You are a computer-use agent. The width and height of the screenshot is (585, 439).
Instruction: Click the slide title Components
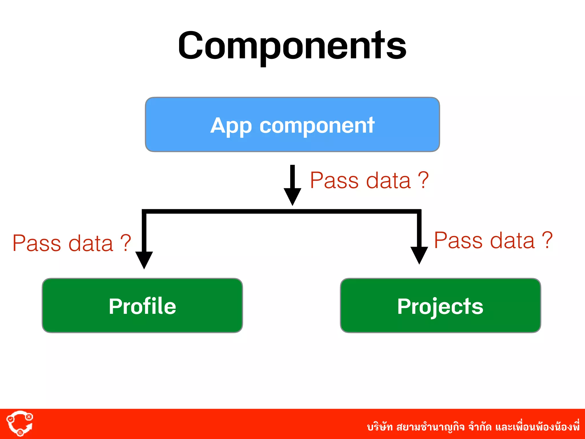pyautogui.click(x=292, y=46)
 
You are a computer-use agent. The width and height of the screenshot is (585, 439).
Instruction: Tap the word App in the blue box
pyautogui.click(x=231, y=126)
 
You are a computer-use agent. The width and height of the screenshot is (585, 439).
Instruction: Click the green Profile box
pyautogui.click(x=142, y=306)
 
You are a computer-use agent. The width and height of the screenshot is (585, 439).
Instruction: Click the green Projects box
pyautogui.click(x=440, y=306)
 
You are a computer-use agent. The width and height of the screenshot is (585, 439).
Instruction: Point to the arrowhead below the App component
pyautogui.click(x=292, y=196)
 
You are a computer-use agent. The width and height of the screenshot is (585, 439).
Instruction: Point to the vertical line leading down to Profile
pyautogui.click(x=144, y=232)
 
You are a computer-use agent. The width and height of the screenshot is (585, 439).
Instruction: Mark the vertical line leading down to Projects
pyautogui.click(x=419, y=229)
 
